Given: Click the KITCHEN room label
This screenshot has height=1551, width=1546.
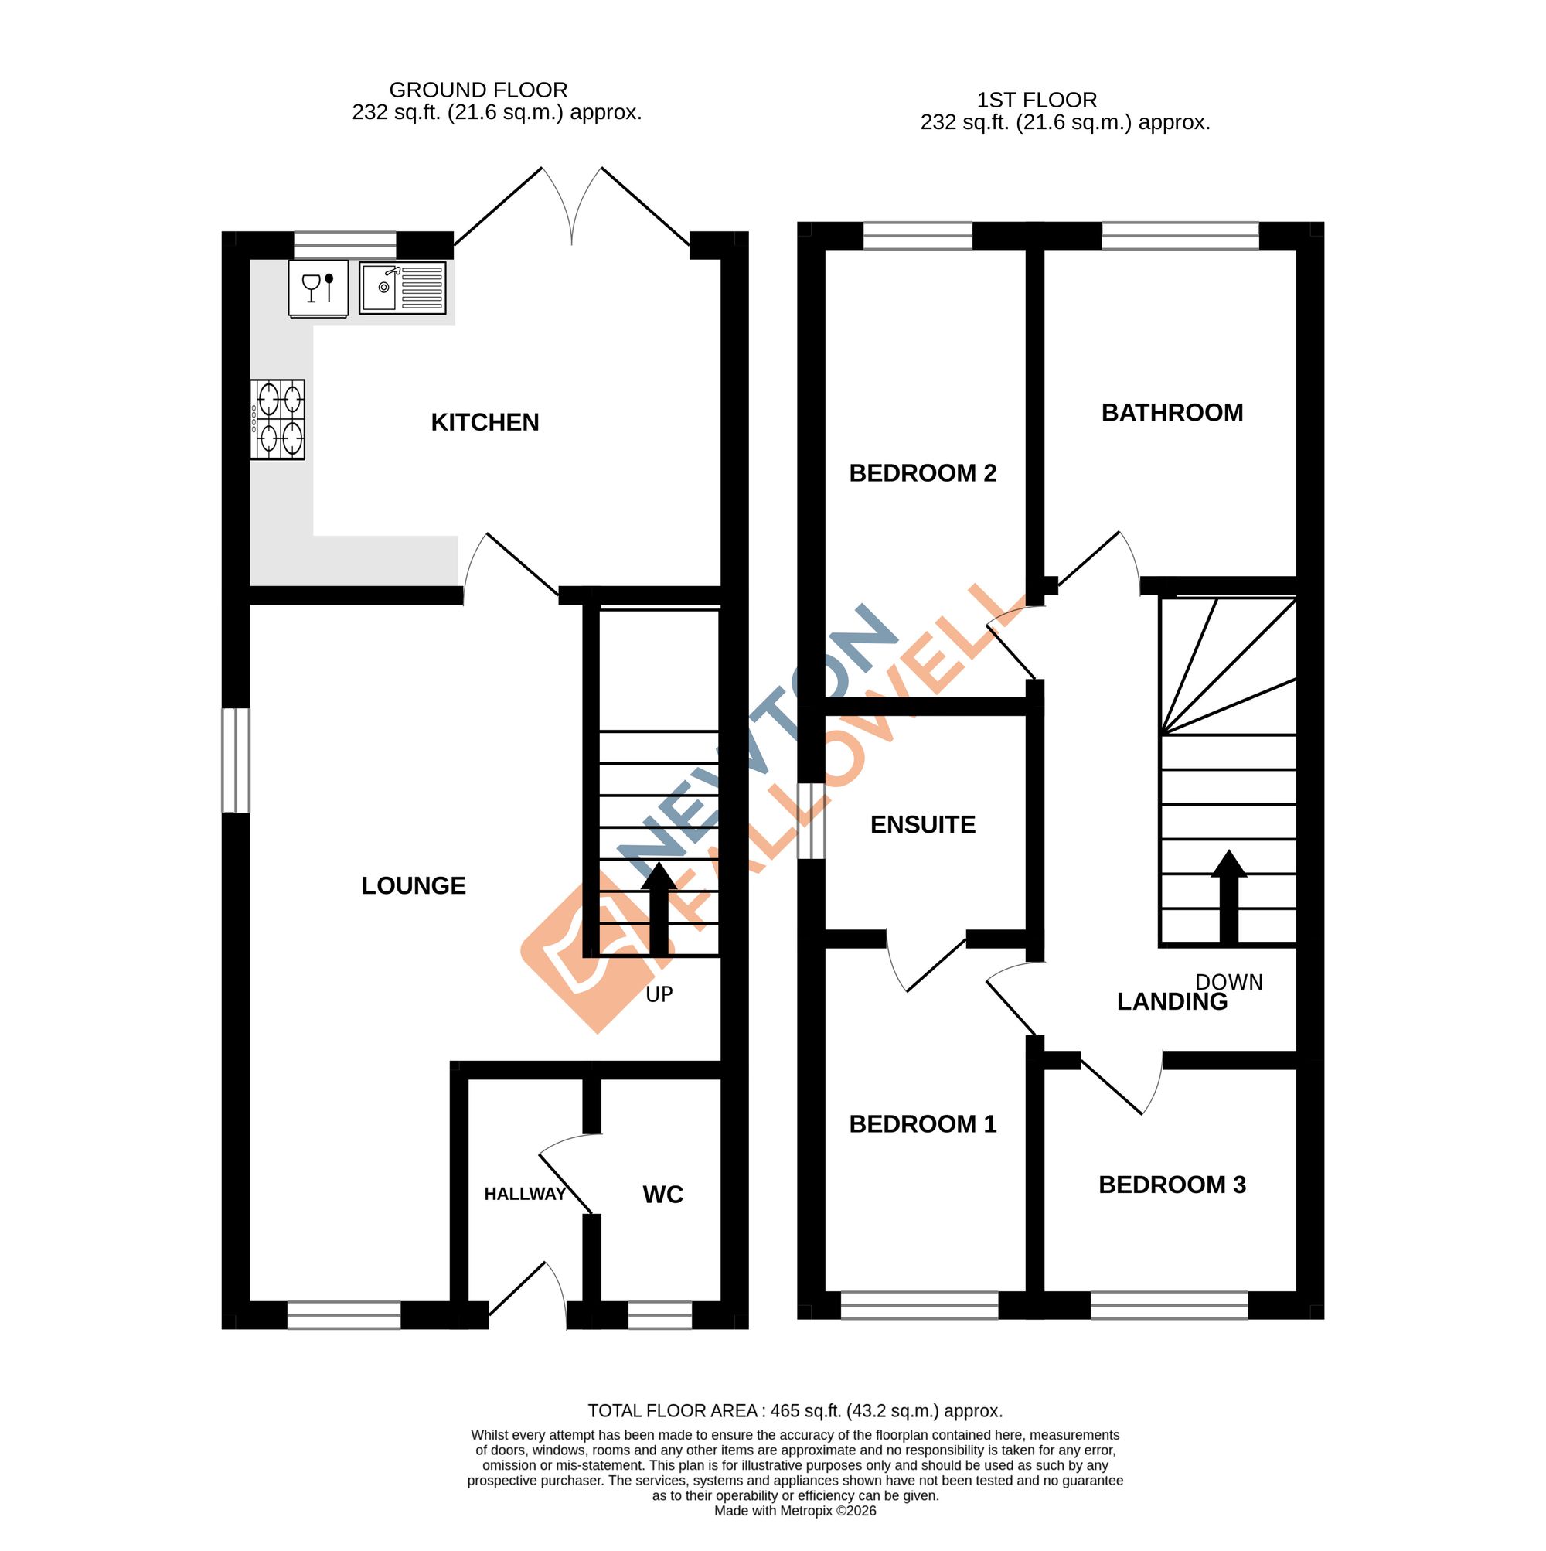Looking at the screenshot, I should click(x=484, y=422).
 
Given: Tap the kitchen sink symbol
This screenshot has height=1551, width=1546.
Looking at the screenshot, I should click(x=402, y=288).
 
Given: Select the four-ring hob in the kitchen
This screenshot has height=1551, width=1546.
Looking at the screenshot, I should click(x=278, y=419).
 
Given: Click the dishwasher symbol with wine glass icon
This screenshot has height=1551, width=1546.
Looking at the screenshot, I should click(x=318, y=288).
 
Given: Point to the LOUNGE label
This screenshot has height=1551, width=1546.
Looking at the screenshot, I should click(x=414, y=885).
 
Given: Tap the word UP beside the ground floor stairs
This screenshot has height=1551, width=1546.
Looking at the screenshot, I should click(x=659, y=994).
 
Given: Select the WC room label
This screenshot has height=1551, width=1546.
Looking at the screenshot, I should click(x=663, y=1195).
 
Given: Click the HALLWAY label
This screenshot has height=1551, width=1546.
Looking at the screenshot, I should click(x=525, y=1195).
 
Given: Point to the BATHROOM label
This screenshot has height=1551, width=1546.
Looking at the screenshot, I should click(x=1172, y=413).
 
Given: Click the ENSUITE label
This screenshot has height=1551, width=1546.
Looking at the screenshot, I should click(x=923, y=824).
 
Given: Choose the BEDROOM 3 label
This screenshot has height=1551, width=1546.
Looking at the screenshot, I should click(x=1172, y=1185).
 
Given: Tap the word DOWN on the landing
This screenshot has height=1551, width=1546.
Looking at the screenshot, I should click(x=1229, y=982).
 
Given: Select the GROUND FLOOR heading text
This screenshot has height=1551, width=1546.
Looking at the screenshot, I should click(x=478, y=90).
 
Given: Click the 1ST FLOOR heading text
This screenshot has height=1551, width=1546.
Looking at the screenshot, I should click(x=1037, y=101).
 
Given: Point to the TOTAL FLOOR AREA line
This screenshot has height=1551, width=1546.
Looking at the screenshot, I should click(x=795, y=1410).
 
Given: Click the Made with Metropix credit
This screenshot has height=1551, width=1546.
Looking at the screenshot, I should click(x=795, y=1511).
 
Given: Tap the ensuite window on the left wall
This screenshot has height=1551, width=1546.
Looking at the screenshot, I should click(x=812, y=820).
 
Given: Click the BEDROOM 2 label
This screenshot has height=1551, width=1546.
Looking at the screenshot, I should click(x=923, y=474).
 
